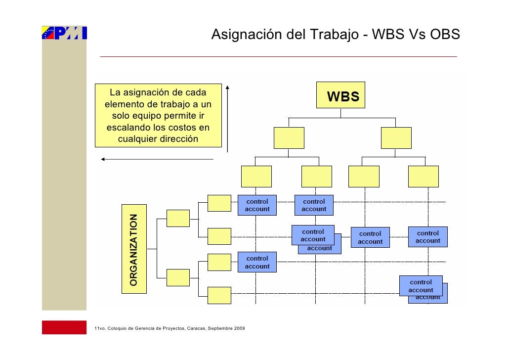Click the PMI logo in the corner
coord(64,33)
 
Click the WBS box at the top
coord(341,95)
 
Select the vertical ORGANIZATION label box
coord(134,249)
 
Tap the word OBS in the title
coord(445,36)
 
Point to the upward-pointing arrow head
coord(227,88)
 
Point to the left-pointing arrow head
coord(103,159)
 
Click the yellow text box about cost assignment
coord(158,115)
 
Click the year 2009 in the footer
coord(239,329)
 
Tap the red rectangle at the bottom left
coord(64,327)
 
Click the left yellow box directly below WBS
coord(289,137)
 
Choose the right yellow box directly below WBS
coord(396,137)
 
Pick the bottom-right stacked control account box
coord(421,286)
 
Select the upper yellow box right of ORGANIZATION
coord(178,218)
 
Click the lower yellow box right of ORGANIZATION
coord(178,277)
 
